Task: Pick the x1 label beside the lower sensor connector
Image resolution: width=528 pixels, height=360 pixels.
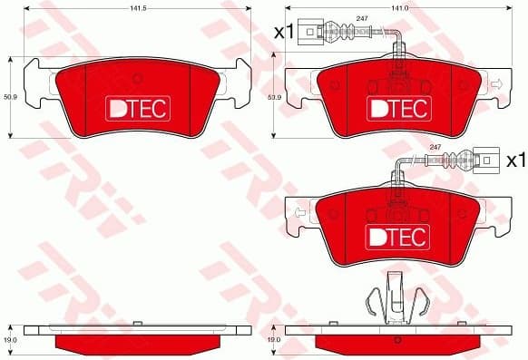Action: pos(514,161)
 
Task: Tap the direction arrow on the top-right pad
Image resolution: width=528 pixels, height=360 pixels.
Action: pos(495,84)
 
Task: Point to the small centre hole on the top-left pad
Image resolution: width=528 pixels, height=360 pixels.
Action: pos(135,78)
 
